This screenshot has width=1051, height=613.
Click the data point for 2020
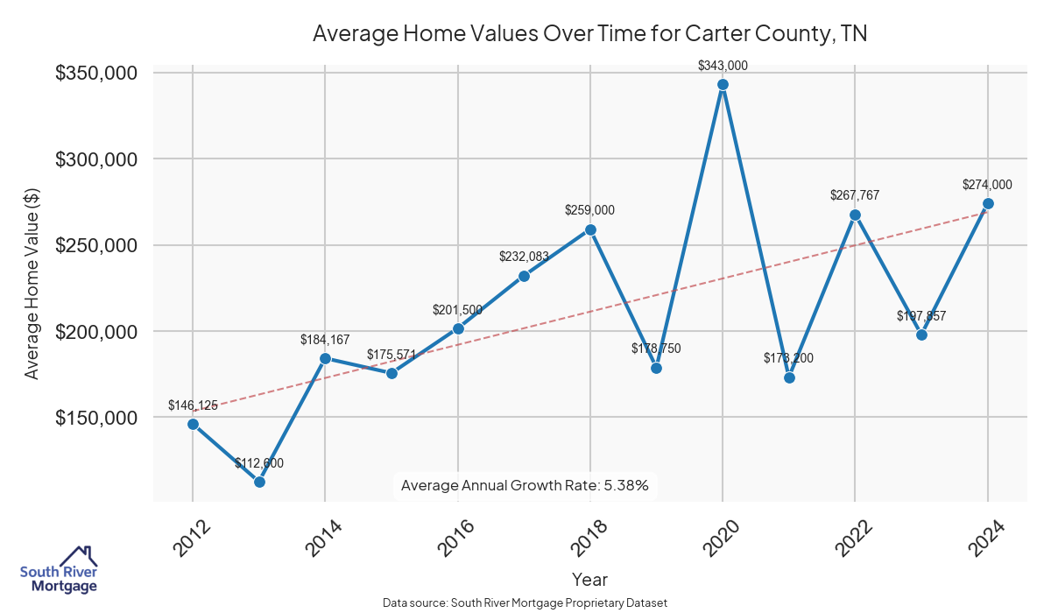point(723,85)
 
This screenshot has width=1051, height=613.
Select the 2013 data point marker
point(259,482)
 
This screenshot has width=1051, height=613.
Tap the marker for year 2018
point(590,229)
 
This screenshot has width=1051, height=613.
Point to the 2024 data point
point(988,203)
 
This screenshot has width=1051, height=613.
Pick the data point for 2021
point(789,377)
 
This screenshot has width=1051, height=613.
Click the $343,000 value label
point(723,66)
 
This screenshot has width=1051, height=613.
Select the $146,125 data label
point(193,405)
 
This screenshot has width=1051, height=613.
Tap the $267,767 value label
point(855,195)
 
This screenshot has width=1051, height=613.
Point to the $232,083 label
point(524,257)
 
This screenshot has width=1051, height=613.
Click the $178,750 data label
point(656,349)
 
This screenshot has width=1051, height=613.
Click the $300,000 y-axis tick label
point(96,159)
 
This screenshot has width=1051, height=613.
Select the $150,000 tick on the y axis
point(96,418)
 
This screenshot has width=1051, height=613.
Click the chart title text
point(589,34)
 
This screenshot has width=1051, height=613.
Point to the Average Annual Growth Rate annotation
point(525,485)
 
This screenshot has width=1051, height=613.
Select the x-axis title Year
point(589,579)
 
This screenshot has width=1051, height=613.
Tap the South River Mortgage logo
point(59,570)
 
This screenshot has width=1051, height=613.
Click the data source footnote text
point(525,602)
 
